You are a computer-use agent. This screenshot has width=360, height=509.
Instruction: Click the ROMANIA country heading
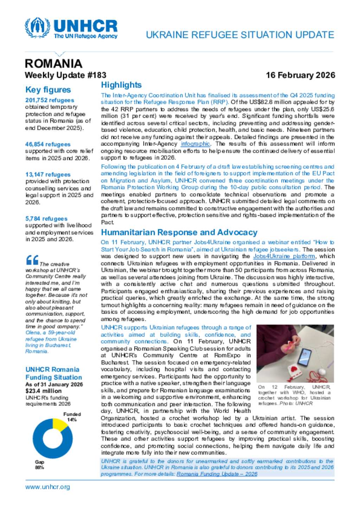(53, 63)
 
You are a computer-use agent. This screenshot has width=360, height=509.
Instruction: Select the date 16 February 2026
(300, 75)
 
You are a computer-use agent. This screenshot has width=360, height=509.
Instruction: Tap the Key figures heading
(48, 90)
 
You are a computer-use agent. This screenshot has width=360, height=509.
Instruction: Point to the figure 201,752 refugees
(50, 100)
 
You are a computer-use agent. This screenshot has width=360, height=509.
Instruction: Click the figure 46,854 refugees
(48, 144)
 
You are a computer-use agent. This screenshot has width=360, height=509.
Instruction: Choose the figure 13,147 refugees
(48, 175)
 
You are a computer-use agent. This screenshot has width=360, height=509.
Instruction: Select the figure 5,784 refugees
(46, 218)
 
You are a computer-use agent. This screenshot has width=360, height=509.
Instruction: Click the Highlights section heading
(121, 85)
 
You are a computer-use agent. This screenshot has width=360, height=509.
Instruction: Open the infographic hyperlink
(195, 144)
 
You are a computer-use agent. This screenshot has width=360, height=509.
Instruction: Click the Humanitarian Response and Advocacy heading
(179, 232)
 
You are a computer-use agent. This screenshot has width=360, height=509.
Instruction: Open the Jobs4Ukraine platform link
(284, 256)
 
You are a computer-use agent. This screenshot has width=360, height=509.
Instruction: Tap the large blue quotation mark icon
(32, 260)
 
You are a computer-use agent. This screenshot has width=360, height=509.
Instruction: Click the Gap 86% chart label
(39, 465)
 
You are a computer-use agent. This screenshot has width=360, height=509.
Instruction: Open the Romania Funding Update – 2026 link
(217, 474)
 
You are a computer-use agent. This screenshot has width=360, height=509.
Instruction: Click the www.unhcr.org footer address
(47, 487)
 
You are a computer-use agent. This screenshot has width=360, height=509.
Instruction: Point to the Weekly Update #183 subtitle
(65, 75)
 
